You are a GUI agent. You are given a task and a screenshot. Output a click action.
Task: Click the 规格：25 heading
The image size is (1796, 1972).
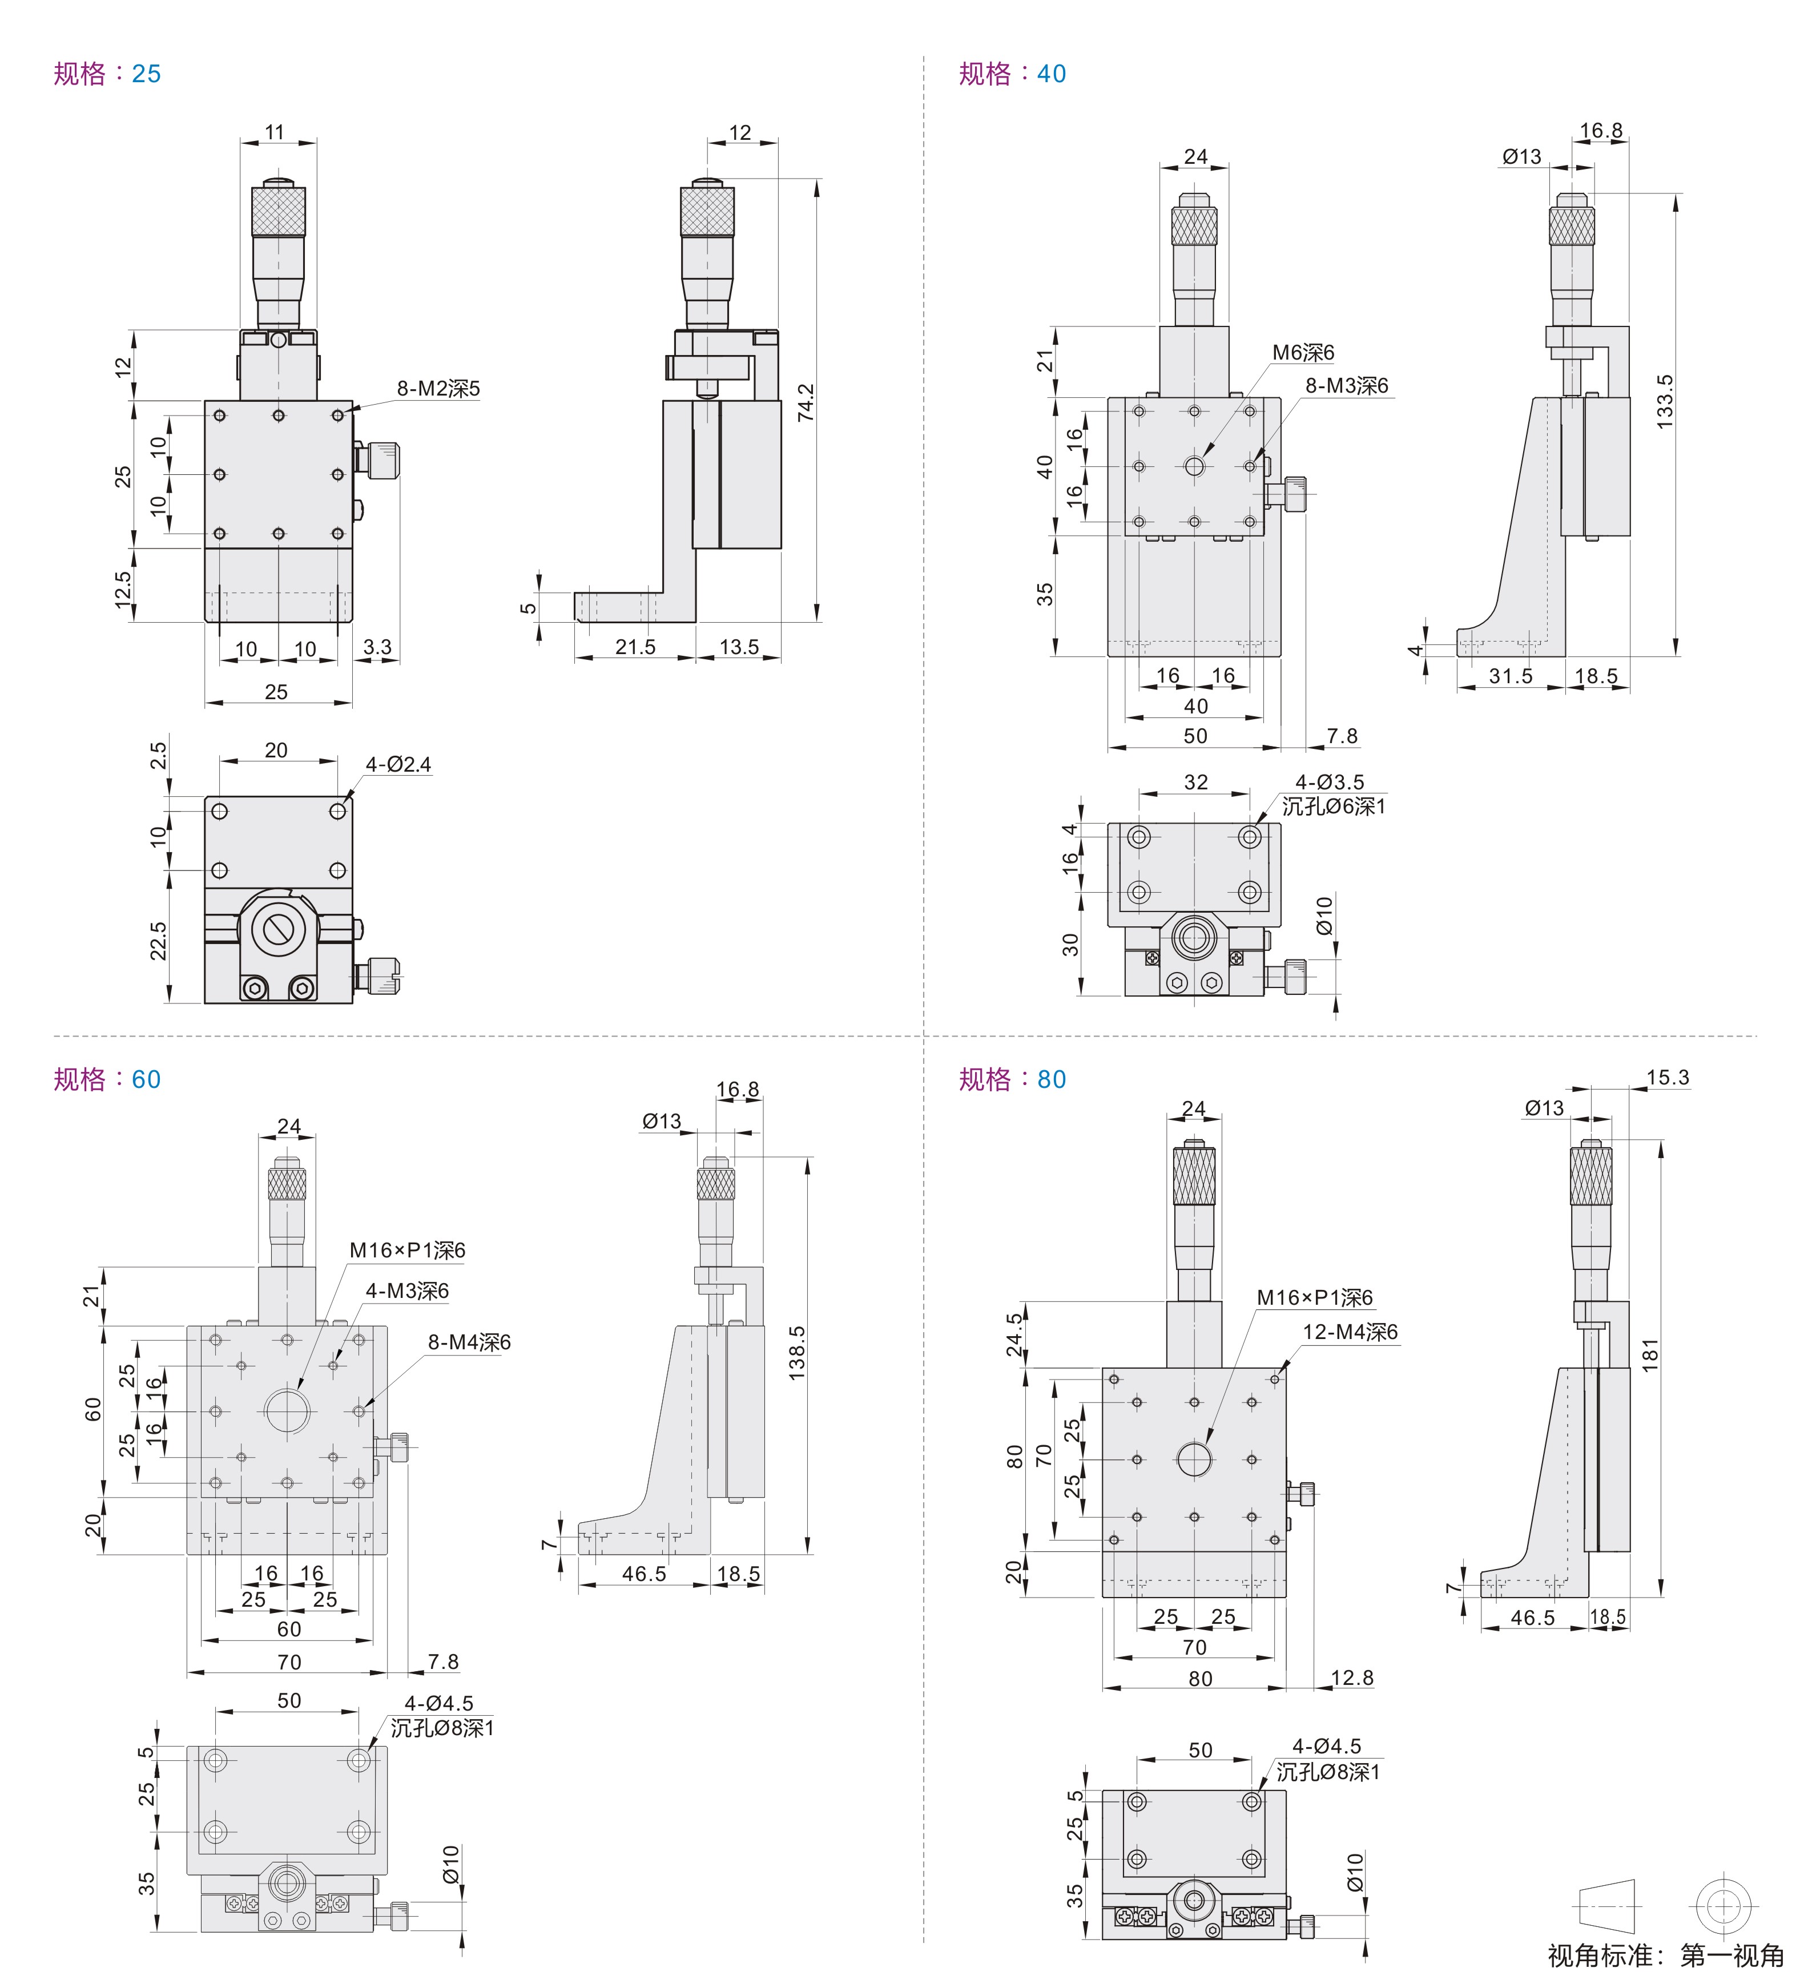point(107,74)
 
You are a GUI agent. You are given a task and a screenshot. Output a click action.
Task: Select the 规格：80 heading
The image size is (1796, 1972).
point(1012,1079)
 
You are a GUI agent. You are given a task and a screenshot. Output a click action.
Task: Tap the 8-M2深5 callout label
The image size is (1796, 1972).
point(438,388)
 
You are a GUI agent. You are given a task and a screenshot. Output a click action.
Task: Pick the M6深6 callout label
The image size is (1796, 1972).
point(1302,352)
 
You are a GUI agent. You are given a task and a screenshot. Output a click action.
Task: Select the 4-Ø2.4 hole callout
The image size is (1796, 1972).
point(398,764)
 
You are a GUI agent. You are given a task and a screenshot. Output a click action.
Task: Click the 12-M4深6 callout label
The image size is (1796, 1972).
point(1350,1331)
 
